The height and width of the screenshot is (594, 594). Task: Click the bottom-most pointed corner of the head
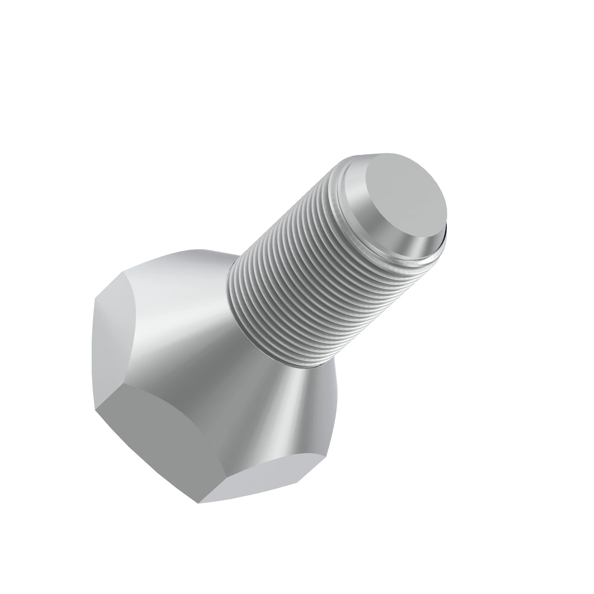click(198, 503)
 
